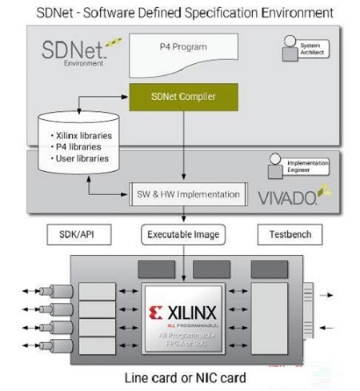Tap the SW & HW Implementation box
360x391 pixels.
[186, 194]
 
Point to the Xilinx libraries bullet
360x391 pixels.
[79, 135]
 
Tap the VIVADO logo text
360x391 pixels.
[285, 195]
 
